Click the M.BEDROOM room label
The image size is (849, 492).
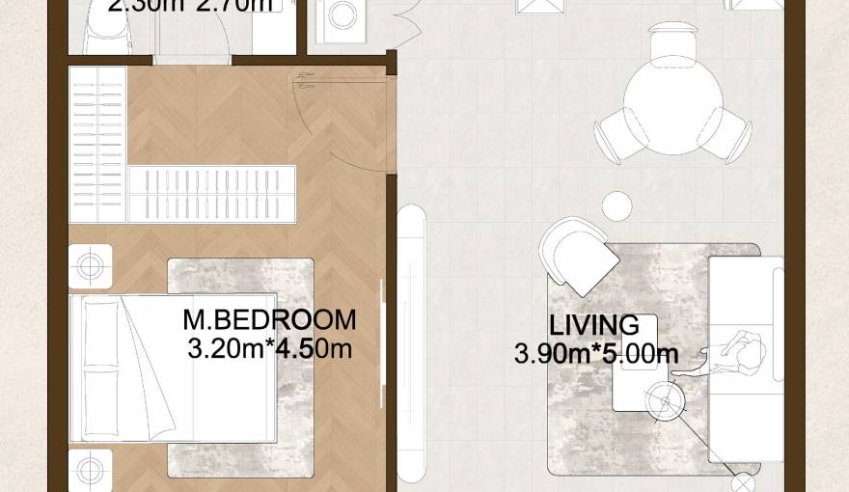(269, 319)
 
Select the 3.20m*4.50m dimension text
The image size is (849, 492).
(270, 347)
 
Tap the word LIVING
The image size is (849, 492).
(594, 325)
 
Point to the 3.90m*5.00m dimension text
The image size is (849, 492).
(596, 354)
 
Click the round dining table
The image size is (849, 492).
(672, 96)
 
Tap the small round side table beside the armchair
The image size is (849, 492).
(617, 205)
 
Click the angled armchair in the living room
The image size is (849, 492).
(580, 256)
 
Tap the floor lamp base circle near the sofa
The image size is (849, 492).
(744, 483)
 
